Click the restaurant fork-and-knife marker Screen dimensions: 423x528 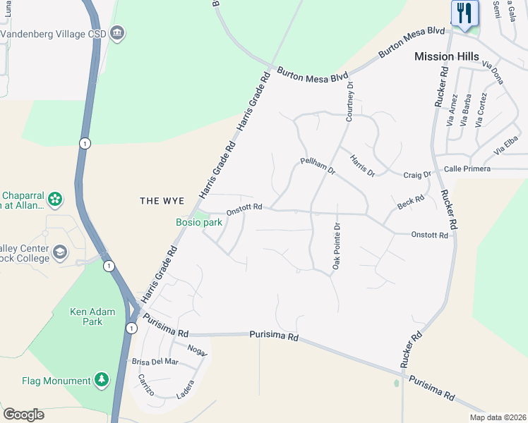[x=464, y=13]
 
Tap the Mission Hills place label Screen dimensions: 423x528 [x=446, y=56]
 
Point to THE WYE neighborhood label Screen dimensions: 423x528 [x=162, y=201]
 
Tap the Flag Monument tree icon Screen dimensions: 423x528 [x=102, y=381]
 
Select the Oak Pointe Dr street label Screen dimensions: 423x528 [x=337, y=247]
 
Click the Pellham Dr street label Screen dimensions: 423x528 [x=317, y=166]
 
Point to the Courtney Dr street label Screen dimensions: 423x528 [x=349, y=101]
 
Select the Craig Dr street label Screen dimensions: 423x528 [x=416, y=175]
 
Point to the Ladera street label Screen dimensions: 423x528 [x=184, y=389]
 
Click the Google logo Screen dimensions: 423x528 [x=23, y=415]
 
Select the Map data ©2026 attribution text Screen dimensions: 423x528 [x=498, y=417]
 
